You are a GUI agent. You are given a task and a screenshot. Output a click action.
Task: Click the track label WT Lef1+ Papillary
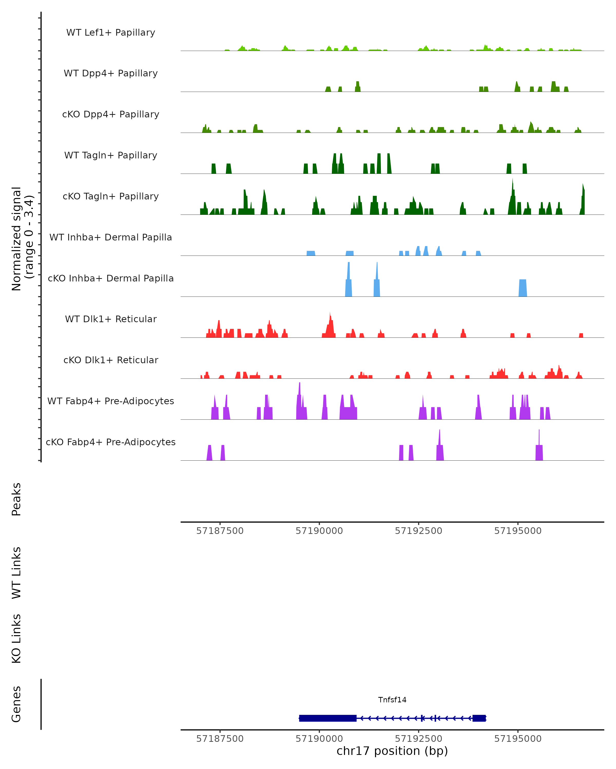(111, 33)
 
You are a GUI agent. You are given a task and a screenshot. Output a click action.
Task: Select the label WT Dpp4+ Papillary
(111, 74)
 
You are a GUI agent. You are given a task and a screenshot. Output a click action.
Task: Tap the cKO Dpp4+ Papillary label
(111, 115)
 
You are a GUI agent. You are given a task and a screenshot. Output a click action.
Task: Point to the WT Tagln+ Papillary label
(111, 156)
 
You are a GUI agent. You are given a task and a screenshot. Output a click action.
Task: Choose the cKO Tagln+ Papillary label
(111, 197)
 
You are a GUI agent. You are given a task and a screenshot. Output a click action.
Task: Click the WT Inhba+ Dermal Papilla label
(111, 238)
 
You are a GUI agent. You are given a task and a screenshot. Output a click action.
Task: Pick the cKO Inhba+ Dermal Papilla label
(111, 279)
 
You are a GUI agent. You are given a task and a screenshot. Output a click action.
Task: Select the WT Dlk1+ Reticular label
(111, 319)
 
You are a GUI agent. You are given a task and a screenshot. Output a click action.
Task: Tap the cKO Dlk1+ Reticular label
(111, 360)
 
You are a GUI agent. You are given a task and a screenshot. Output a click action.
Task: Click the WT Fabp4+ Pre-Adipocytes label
(111, 401)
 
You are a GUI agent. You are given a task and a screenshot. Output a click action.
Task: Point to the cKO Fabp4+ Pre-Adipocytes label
(111, 442)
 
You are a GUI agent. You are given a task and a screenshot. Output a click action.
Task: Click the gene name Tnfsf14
(392, 700)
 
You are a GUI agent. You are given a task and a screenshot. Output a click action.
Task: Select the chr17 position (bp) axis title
(392, 751)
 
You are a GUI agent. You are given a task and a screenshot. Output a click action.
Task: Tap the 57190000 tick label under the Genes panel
(319, 739)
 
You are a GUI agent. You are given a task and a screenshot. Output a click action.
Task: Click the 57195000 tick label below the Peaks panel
(518, 531)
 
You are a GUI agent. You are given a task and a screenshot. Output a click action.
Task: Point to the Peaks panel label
(16, 499)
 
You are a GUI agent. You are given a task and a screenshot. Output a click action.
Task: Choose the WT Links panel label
(16, 573)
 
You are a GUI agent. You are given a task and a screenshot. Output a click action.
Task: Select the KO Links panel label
(16, 639)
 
